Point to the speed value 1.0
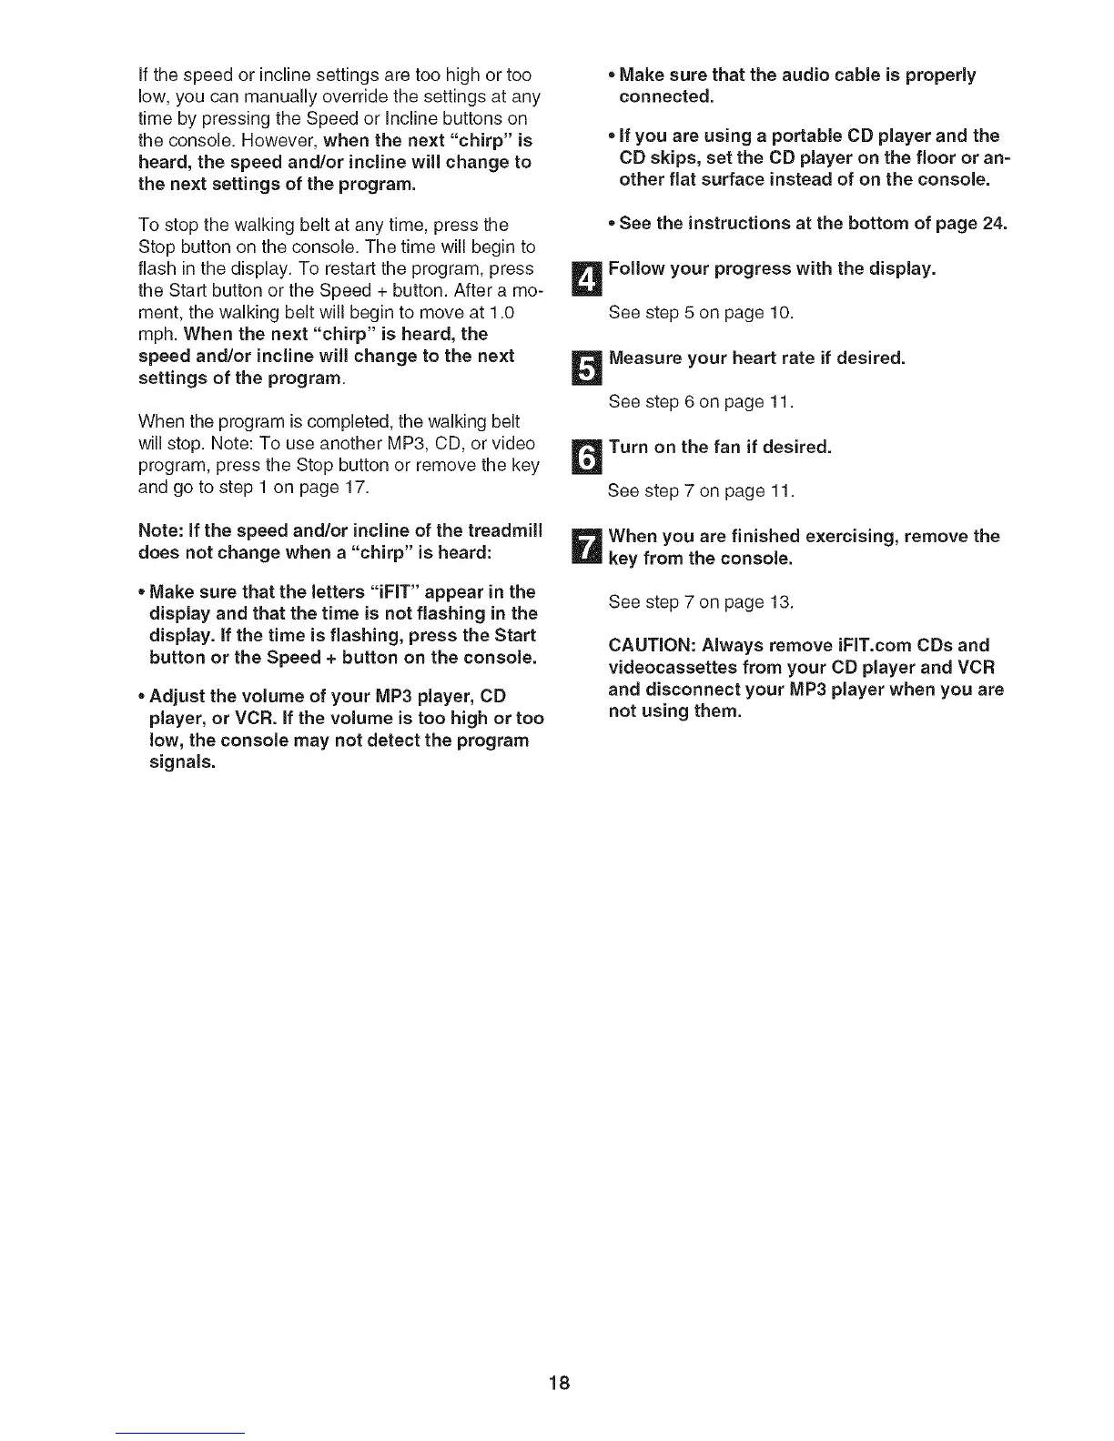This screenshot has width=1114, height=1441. click(x=502, y=312)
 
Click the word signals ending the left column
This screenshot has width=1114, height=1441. click(x=181, y=762)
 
